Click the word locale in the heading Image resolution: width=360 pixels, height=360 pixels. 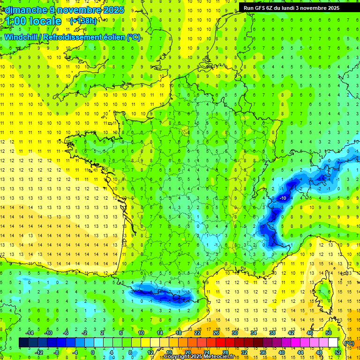click(45, 21)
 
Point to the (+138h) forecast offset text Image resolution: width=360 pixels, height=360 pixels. click(83, 21)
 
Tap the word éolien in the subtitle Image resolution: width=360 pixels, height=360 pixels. click(116, 37)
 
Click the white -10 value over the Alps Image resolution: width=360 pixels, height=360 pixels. click(283, 199)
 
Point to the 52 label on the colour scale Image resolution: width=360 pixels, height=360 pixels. click(338, 352)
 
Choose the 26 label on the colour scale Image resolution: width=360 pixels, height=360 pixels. click(216, 333)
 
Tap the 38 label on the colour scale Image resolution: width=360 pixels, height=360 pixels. click(272, 333)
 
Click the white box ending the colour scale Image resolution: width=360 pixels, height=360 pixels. click(333, 342)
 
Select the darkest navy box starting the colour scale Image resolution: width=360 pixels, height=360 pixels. click(24, 342)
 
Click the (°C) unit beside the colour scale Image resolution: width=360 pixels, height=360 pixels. click(349, 343)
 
